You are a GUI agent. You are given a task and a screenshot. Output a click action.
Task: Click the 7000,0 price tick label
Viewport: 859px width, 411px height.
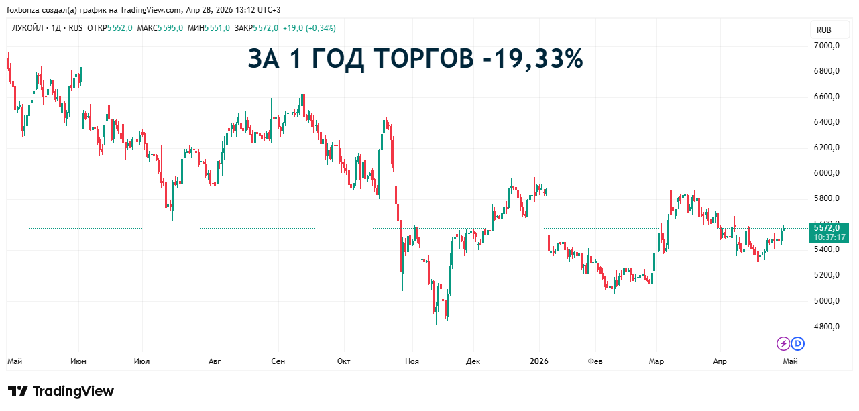[x=827, y=46]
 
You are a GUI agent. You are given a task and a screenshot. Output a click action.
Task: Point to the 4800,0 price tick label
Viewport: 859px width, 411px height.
[x=827, y=327]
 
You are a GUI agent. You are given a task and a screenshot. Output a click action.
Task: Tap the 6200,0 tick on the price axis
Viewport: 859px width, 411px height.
[x=827, y=148]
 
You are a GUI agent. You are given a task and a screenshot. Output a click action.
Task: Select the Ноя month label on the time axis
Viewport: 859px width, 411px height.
[x=412, y=361]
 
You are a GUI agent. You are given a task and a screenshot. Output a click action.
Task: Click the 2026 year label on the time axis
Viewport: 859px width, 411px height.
[x=538, y=361]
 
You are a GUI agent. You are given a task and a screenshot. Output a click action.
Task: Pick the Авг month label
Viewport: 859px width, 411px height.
[x=215, y=361]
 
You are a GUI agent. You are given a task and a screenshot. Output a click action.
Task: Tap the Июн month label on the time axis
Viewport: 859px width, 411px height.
[x=78, y=361]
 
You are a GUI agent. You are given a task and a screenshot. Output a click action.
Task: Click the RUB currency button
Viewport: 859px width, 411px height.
[x=823, y=30]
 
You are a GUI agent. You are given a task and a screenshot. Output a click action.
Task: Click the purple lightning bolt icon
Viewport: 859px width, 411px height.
[x=783, y=344]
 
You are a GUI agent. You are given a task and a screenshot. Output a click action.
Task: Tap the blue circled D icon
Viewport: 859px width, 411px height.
[x=797, y=344]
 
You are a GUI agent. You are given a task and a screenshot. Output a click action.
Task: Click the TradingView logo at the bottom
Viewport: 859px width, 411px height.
[x=61, y=391]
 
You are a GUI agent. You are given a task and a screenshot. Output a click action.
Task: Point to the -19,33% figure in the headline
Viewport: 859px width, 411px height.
[x=532, y=59]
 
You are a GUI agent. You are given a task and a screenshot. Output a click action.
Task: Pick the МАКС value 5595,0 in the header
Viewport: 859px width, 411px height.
[x=171, y=28]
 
